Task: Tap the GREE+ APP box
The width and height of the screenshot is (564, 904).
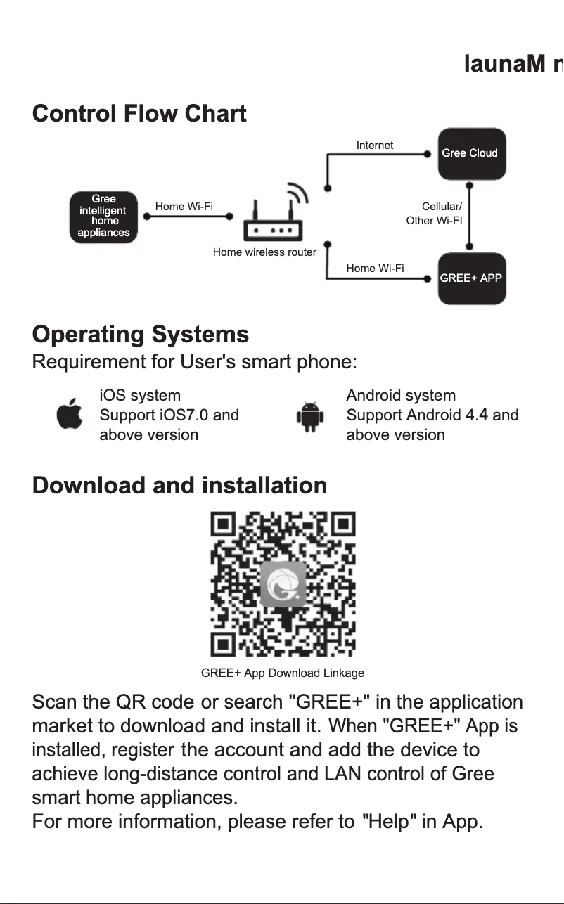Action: pyautogui.click(x=471, y=278)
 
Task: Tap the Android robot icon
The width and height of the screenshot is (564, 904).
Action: pyautogui.click(x=309, y=416)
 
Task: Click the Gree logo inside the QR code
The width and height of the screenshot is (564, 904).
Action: pyautogui.click(x=283, y=584)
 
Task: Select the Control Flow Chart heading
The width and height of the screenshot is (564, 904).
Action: pyautogui.click(x=139, y=114)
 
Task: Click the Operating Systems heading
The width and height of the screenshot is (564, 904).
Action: pyautogui.click(x=141, y=335)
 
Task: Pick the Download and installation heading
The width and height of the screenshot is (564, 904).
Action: pyautogui.click(x=179, y=486)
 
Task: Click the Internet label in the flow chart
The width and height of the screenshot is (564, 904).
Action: pyautogui.click(x=375, y=146)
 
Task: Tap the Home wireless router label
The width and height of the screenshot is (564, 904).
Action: pyautogui.click(x=264, y=252)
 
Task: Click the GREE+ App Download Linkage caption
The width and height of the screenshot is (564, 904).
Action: pyautogui.click(x=283, y=673)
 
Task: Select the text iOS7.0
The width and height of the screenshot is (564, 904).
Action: pyautogui.click(x=185, y=415)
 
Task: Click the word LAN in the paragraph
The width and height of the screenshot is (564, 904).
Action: pyautogui.click(x=342, y=774)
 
